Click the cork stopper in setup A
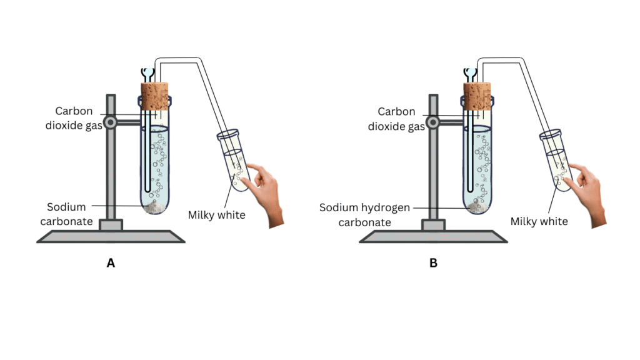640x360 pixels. point(155,97)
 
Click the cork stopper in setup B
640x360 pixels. point(478,97)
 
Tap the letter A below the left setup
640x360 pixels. point(111,264)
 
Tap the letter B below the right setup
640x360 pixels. point(433,264)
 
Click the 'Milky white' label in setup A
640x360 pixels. point(216,215)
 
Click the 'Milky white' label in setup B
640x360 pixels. point(539,221)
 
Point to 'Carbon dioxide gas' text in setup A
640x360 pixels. point(74,119)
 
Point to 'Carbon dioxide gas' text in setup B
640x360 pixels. point(396,119)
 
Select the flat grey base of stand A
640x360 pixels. point(111,236)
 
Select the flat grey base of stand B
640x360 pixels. point(434,236)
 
